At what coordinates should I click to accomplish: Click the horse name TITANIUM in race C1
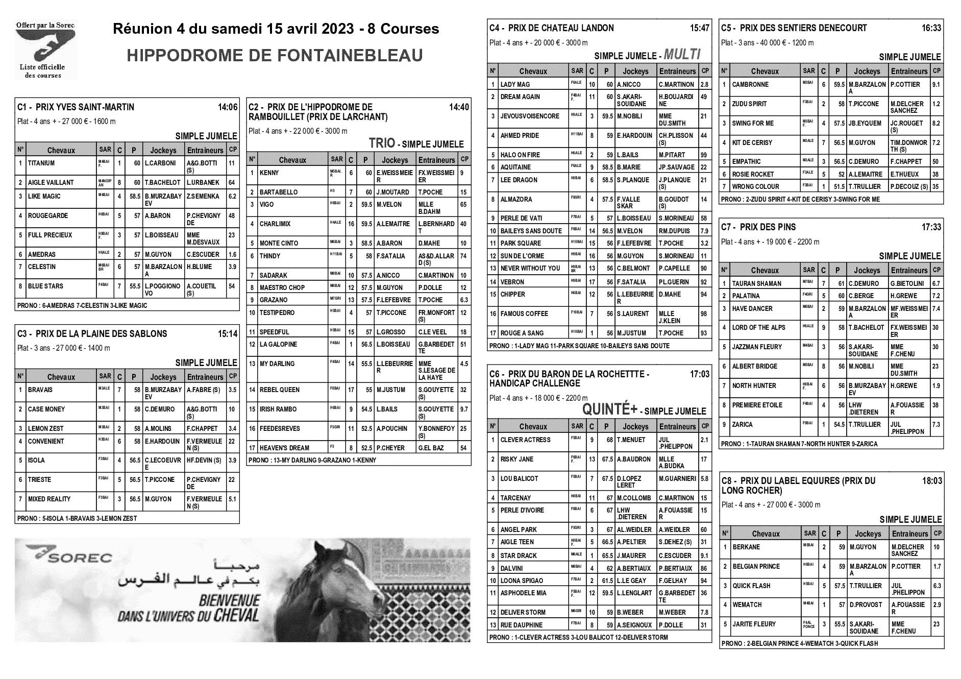click(x=41, y=163)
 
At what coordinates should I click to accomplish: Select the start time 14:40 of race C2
click(x=458, y=107)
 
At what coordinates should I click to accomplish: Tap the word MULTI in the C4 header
click(x=682, y=55)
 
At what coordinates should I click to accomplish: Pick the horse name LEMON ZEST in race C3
click(x=46, y=429)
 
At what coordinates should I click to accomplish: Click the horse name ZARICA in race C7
click(x=743, y=425)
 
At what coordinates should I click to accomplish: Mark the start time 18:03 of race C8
click(x=932, y=481)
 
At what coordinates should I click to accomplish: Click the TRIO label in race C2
click(x=382, y=143)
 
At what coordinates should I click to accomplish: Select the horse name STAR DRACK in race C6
click(x=519, y=556)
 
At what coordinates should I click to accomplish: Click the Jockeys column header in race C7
click(x=867, y=271)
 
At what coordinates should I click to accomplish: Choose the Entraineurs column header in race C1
click(x=205, y=151)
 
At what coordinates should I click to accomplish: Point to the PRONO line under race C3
click(x=77, y=518)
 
